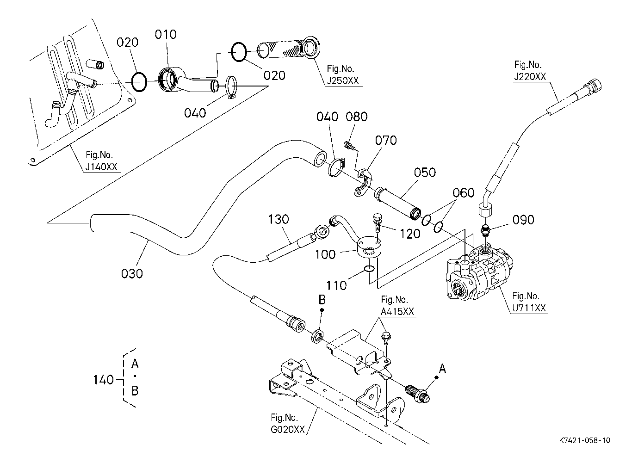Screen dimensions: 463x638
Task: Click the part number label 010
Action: click(x=166, y=35)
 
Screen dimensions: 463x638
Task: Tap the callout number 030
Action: click(x=132, y=273)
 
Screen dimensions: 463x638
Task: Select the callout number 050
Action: click(x=425, y=173)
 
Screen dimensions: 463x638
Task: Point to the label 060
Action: click(x=464, y=193)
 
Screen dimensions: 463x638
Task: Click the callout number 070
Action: click(x=386, y=140)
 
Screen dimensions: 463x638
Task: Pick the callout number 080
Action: click(x=357, y=117)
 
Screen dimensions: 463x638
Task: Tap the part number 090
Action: click(x=523, y=219)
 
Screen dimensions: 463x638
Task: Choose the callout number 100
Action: click(x=325, y=254)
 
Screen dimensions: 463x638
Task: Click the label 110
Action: click(x=336, y=285)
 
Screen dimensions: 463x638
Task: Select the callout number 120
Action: click(x=409, y=233)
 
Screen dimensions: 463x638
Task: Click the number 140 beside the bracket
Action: click(x=103, y=380)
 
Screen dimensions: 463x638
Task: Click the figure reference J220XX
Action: click(x=529, y=77)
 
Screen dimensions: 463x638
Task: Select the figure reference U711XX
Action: click(x=529, y=307)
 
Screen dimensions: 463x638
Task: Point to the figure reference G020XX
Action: click(x=287, y=430)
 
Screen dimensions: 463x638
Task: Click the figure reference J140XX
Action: click(x=102, y=167)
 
